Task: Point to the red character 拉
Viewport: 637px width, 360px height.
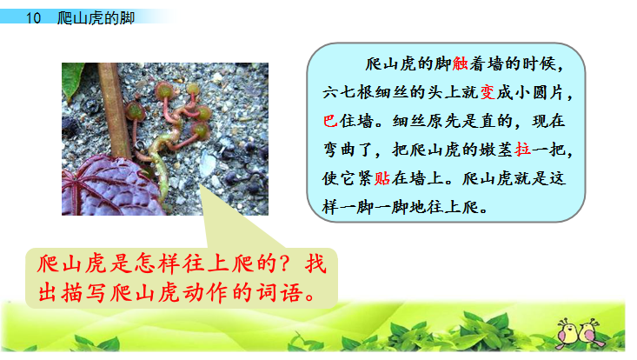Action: point(522,150)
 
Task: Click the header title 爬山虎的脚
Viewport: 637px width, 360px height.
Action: point(96,18)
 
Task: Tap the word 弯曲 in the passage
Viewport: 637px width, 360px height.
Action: point(345,150)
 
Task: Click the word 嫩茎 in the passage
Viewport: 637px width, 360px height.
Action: point(494,150)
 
